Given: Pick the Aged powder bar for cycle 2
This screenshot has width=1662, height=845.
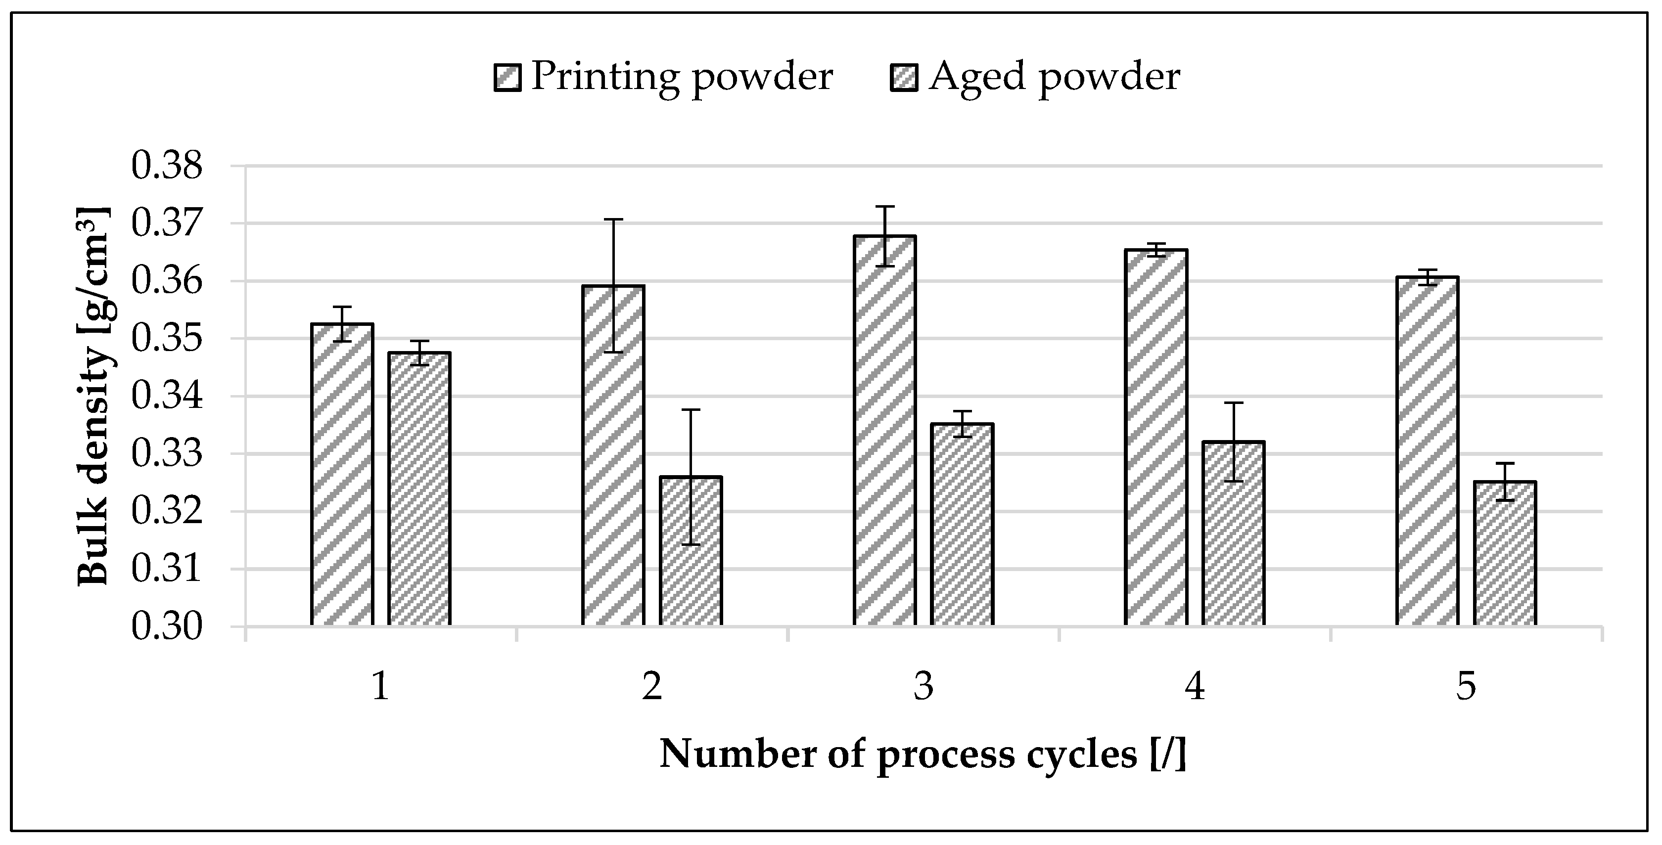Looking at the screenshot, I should point(691,551).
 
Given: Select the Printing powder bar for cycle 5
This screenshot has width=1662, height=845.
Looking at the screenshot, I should point(1427,451).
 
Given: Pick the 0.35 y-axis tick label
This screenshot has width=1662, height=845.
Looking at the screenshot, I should point(167,339).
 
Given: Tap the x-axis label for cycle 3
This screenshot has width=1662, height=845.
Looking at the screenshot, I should point(923,686).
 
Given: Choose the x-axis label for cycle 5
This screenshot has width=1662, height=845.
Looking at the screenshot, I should point(1466,686).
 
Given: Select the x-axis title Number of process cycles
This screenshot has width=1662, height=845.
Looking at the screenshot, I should point(923,754).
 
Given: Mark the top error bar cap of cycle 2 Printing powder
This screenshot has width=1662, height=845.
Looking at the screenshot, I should point(613,220).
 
